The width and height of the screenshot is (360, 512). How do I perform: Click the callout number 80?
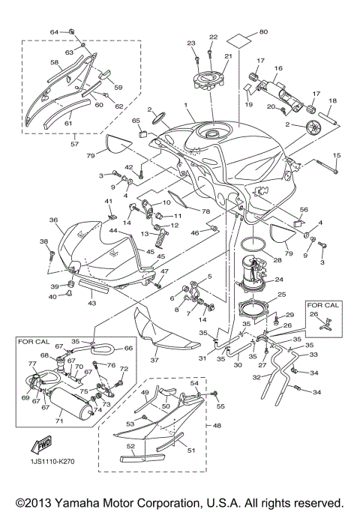[x=262, y=31]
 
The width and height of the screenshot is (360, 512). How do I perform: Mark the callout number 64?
[x=54, y=32]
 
